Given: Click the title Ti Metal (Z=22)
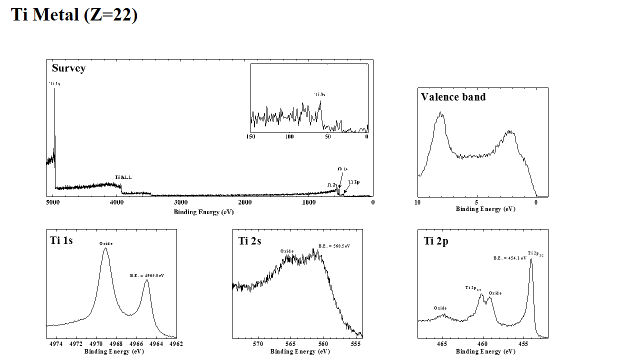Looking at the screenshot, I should pos(74,14).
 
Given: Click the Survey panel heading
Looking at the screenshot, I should pos(68,68).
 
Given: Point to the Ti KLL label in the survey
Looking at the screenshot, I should pos(123,177).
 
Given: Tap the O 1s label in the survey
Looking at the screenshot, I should pos(342,169).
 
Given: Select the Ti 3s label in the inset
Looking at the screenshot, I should pos(320,94).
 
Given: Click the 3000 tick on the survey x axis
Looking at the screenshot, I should pos(180,202).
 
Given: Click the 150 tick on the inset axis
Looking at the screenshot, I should pos(251,136).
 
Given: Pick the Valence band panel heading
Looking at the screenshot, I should pos(453,97).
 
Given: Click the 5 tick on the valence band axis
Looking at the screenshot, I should pos(477,202).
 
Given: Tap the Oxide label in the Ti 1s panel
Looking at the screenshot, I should pos(106,243).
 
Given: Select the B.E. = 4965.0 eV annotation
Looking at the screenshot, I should pos(147,275).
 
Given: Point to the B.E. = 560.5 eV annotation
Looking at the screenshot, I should pos(334,246).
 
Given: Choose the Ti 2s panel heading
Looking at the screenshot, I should pos(250,241).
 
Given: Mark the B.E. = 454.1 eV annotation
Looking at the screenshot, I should pos(510,258).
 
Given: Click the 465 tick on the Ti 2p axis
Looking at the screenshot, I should pos(442,344).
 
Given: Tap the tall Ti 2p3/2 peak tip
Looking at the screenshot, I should pos(531,259).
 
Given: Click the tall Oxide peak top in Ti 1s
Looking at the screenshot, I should pos(105,248).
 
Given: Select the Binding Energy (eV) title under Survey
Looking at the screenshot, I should pos(203,212).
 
